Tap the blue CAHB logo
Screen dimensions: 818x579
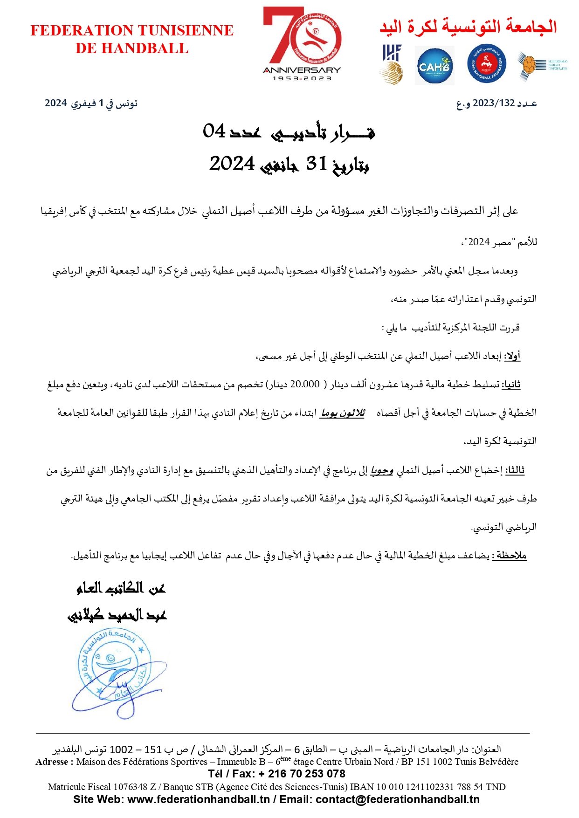click(434, 66)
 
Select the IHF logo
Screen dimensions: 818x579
click(392, 64)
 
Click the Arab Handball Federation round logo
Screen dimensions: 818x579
click(487, 65)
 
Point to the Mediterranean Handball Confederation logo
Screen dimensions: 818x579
click(542, 66)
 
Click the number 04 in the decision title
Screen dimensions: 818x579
click(214, 131)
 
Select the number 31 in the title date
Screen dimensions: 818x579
click(317, 164)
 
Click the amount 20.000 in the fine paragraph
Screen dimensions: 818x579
click(305, 385)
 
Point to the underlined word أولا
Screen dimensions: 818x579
click(512, 357)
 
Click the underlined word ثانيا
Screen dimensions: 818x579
click(511, 385)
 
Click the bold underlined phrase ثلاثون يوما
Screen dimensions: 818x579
click(342, 413)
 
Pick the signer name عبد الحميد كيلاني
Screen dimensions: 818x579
click(117, 615)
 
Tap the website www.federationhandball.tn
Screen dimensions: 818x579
click(199, 799)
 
